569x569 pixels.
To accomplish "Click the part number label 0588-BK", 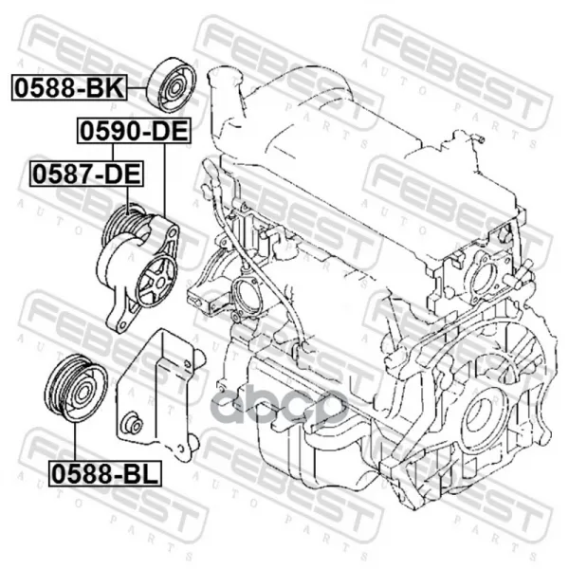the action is (69, 88).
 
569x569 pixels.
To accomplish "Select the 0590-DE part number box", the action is (134, 131).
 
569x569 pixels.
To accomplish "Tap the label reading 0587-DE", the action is (86, 174).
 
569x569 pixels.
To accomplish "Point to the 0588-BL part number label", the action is (105, 473).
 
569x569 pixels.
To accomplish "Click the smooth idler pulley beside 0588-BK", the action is (172, 85).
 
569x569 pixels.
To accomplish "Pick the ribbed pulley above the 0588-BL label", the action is (76, 388).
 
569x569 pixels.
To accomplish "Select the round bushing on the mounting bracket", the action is (133, 423).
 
